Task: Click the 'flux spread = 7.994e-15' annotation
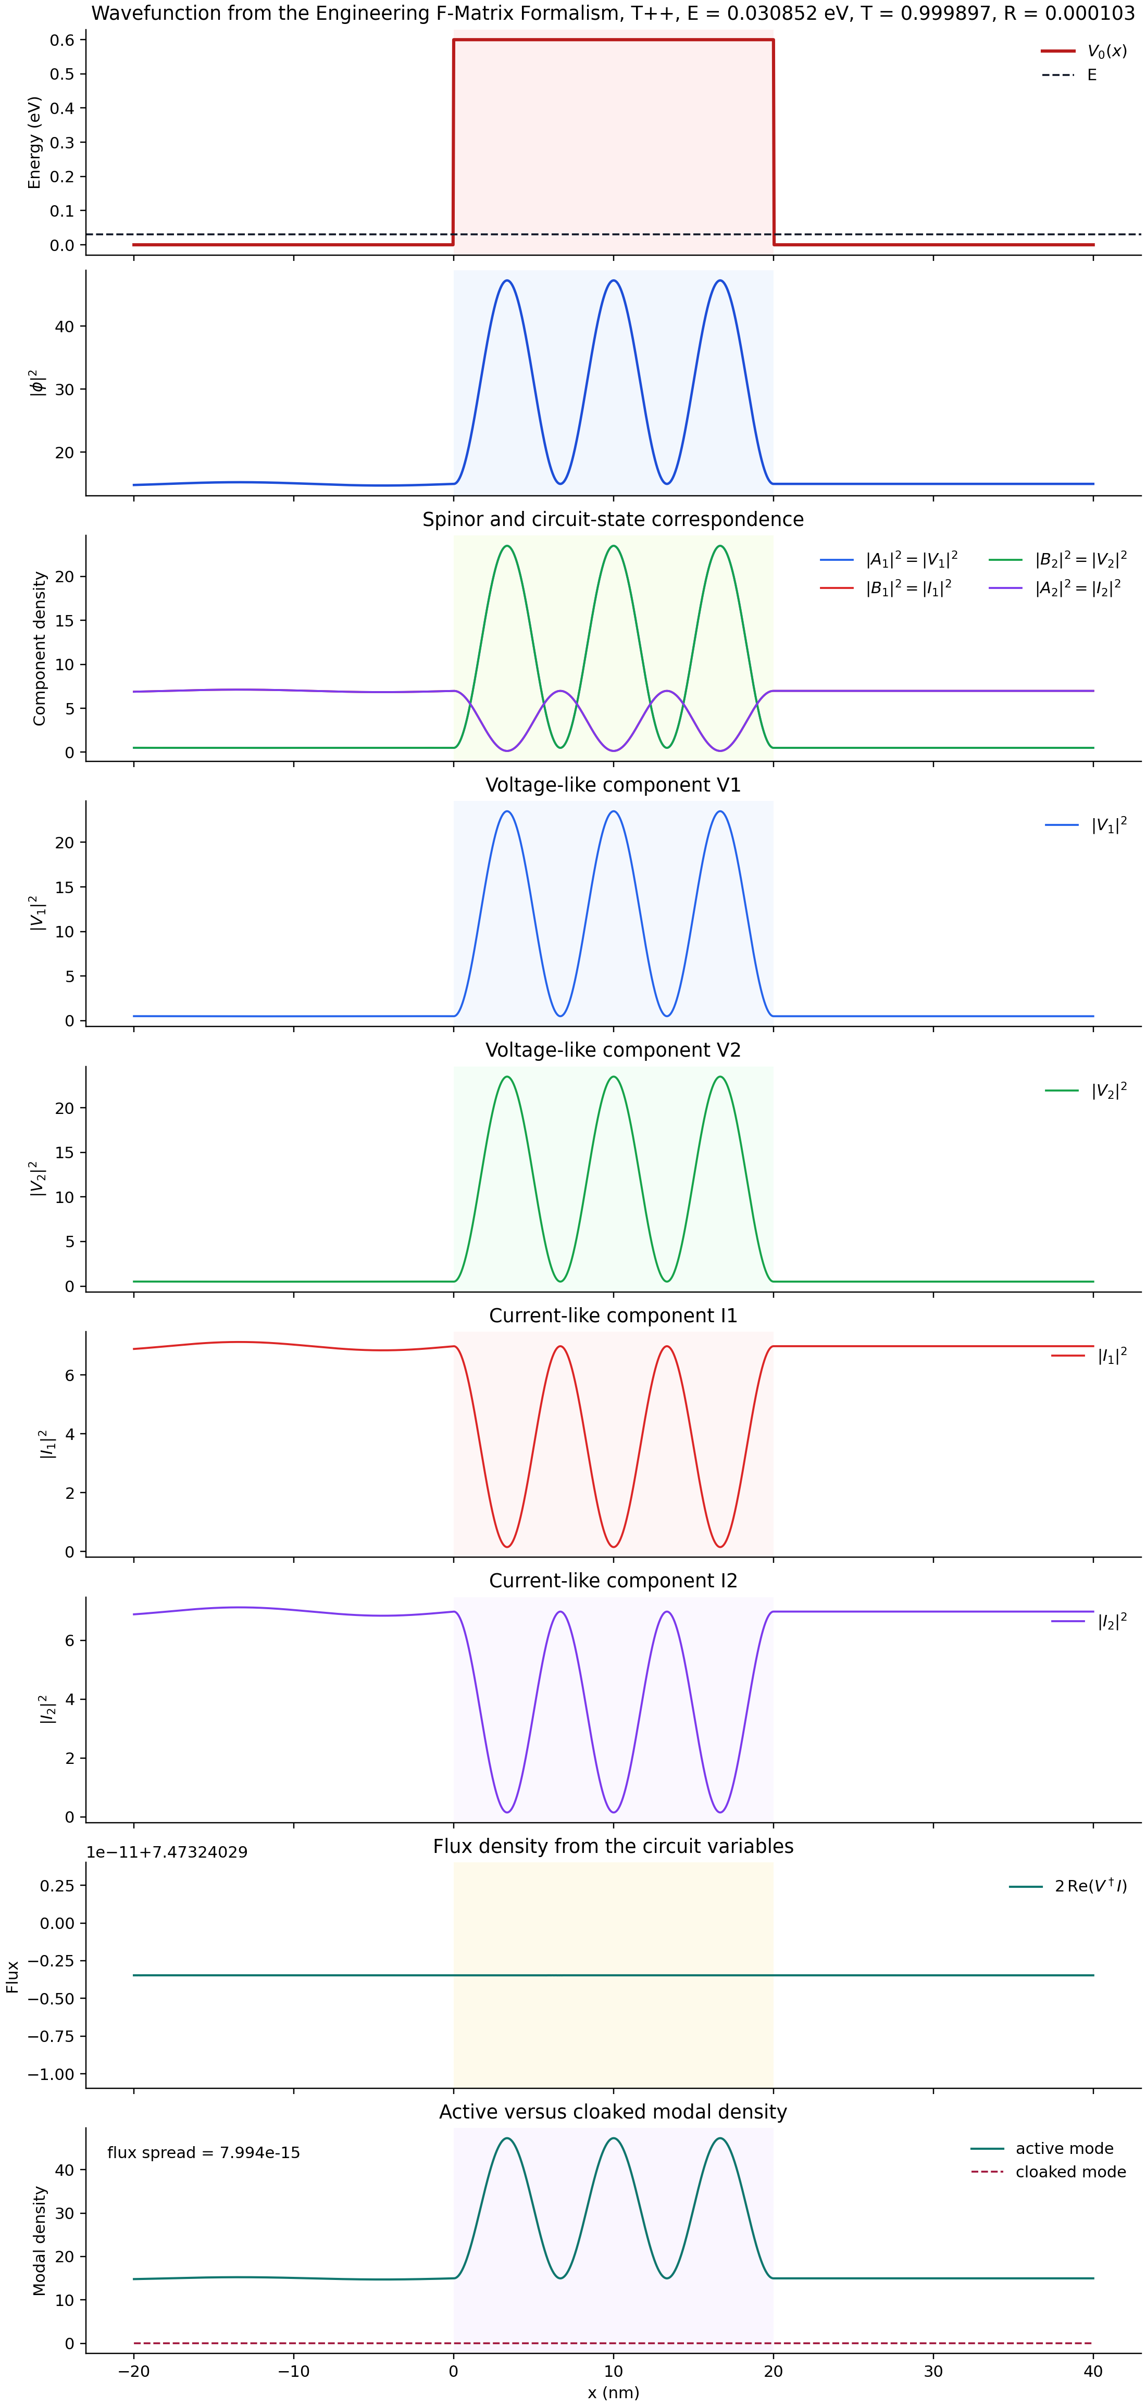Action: [x=204, y=2153]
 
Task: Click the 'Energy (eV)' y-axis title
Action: [x=34, y=142]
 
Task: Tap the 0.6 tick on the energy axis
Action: [x=63, y=40]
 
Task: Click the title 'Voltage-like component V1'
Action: [x=613, y=785]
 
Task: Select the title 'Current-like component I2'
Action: [x=613, y=1581]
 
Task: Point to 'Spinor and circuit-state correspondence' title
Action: [x=613, y=519]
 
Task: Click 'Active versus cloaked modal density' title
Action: [x=613, y=2112]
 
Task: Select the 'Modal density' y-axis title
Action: [x=39, y=2240]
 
